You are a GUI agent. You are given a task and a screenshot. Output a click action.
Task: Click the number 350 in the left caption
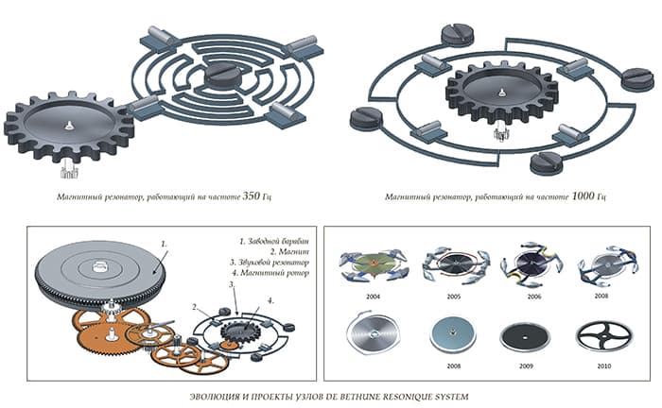[x=251, y=196]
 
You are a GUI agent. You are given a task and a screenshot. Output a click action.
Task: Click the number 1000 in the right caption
[x=583, y=196]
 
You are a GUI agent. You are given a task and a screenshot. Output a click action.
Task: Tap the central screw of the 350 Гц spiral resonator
[x=222, y=76]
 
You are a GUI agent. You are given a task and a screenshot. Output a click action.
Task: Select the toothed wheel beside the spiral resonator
[x=69, y=127]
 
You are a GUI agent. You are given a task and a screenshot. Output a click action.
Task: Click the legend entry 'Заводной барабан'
[x=274, y=242]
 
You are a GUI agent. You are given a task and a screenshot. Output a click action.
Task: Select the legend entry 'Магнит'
[x=289, y=252]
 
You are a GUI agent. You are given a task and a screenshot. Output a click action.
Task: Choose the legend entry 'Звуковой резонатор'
[x=270, y=263]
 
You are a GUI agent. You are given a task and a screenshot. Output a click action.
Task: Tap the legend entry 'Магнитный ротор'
[x=270, y=273]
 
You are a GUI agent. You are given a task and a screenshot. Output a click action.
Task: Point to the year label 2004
[x=374, y=297]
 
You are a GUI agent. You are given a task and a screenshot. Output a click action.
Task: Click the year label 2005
[x=454, y=297]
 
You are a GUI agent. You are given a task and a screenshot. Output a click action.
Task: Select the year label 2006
[x=534, y=297]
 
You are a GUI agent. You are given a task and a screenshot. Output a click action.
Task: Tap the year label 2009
[x=526, y=366]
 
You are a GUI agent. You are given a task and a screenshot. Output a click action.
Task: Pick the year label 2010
[x=604, y=366]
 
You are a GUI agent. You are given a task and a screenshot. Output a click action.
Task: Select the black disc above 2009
[x=525, y=337]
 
